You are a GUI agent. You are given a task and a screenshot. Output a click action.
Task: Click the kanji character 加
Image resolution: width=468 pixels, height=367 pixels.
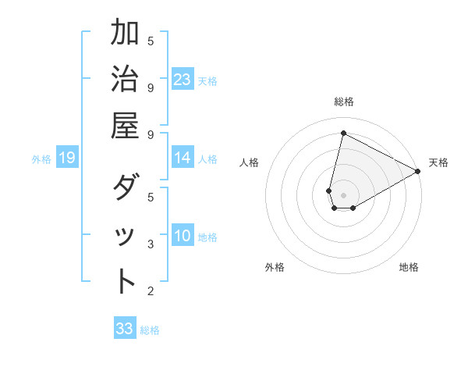(x=126, y=34)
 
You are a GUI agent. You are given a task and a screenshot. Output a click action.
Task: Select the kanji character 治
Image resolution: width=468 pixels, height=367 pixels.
(x=126, y=80)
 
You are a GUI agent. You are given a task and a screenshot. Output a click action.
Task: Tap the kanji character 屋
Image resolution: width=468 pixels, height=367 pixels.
(x=126, y=126)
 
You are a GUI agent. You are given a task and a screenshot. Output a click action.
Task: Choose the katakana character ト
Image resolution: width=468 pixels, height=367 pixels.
(x=126, y=282)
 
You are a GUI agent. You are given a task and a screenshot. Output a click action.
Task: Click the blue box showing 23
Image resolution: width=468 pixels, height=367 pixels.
(x=183, y=80)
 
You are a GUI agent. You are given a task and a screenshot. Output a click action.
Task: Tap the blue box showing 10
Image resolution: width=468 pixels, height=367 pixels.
(x=183, y=237)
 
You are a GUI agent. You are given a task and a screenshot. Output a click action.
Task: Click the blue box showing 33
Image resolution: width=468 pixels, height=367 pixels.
(x=125, y=329)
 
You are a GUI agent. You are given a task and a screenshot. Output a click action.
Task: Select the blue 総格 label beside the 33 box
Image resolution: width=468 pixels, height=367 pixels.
(x=150, y=330)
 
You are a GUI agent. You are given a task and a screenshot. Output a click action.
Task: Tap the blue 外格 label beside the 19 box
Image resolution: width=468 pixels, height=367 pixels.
(x=41, y=159)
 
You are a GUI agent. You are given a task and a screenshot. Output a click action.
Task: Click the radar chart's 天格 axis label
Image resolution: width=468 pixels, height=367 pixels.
(x=438, y=162)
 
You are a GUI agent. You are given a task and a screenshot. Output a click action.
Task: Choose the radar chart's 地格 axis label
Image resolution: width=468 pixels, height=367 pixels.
(x=409, y=268)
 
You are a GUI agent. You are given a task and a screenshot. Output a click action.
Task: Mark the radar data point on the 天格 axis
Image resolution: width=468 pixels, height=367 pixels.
(x=418, y=172)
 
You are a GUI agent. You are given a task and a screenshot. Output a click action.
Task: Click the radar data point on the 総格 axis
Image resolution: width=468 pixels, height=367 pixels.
(x=343, y=133)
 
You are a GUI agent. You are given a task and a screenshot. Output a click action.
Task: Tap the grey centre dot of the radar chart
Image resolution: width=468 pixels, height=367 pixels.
(x=343, y=195)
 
